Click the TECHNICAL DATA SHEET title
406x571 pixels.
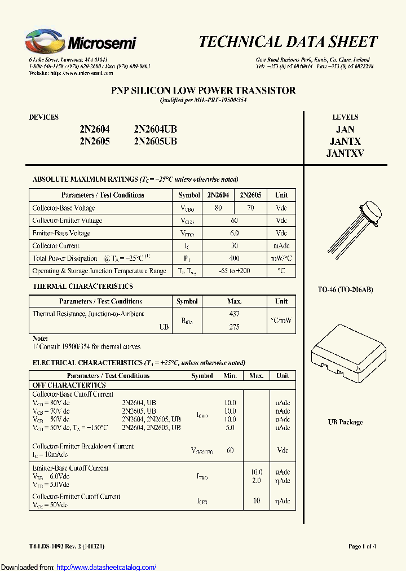click(288, 42)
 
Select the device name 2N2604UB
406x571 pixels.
click(155, 129)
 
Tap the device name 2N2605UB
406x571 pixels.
click(155, 141)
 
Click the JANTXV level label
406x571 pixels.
click(345, 153)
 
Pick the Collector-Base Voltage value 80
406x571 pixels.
click(218, 208)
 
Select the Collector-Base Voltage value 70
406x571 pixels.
click(250, 208)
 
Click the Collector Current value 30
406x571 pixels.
click(234, 246)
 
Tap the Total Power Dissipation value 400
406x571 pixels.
click(234, 258)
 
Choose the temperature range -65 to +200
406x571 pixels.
click(234, 271)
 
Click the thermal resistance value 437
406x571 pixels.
click(234, 314)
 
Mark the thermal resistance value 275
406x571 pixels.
click(234, 327)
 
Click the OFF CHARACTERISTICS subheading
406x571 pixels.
click(69, 385)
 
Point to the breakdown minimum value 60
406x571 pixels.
click(230, 451)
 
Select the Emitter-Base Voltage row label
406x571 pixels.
click(61, 233)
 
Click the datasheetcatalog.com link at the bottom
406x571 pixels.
click(107, 567)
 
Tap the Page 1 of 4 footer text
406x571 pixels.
click(362, 546)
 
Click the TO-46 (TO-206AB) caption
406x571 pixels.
click(346, 289)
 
